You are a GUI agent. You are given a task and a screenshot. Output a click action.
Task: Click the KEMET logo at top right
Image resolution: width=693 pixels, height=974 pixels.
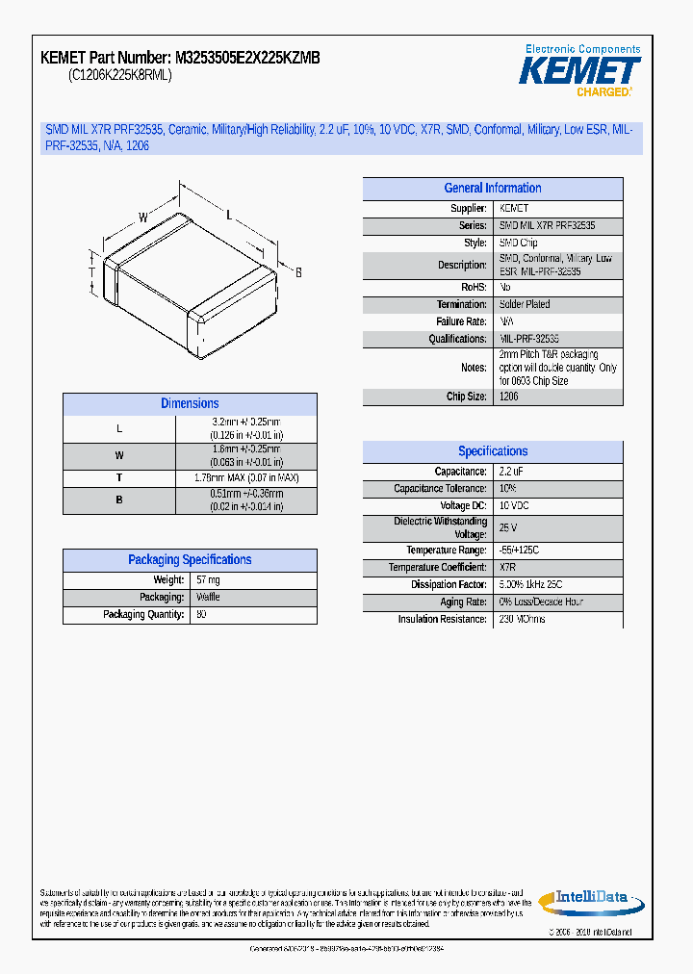point(580,71)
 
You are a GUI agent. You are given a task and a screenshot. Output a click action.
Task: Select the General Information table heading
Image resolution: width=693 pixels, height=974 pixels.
point(492,189)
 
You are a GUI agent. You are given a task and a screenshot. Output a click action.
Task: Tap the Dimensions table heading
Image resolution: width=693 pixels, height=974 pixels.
point(190,404)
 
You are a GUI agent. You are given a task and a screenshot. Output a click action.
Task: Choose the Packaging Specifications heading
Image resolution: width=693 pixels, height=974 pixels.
point(190,560)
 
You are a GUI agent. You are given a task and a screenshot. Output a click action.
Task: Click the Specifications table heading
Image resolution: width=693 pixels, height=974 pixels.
point(492,451)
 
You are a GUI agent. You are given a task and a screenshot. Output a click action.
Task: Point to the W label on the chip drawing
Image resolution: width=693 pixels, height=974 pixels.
point(142,218)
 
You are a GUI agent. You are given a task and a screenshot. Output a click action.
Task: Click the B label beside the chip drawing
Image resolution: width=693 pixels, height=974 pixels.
point(298,273)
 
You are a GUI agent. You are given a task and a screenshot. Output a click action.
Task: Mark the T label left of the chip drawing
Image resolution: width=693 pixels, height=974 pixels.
point(92,271)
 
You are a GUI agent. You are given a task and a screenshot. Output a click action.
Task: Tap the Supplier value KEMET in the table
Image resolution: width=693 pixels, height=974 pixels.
point(514,209)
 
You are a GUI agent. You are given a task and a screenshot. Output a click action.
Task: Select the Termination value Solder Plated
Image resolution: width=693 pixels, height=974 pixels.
point(525,304)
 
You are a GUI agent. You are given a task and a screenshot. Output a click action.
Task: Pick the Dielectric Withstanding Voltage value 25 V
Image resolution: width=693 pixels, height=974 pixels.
point(508,527)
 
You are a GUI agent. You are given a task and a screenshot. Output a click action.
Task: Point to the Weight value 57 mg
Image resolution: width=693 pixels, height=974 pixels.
point(208,580)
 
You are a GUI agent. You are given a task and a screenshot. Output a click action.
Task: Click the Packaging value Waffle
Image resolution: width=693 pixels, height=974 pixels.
point(208,598)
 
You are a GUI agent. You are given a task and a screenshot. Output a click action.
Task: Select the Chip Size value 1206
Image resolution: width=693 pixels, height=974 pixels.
point(509,397)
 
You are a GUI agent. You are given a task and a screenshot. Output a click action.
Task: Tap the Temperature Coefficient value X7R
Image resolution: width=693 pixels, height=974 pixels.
point(508,568)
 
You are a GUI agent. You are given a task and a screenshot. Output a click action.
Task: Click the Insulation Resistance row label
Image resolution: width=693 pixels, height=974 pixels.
point(443,620)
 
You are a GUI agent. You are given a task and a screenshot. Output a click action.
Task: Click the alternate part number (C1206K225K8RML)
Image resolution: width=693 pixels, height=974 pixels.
point(120,76)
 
